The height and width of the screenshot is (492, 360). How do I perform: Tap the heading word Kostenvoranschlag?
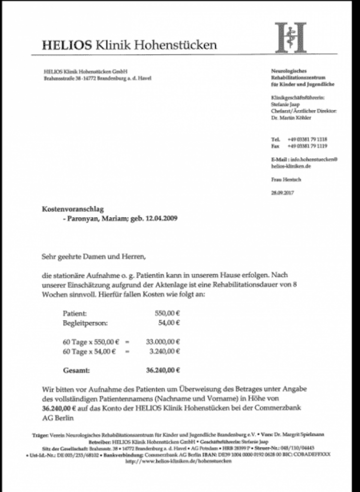pyautogui.click(x=72, y=209)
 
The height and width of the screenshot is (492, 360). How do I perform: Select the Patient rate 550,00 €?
pyautogui.click(x=167, y=314)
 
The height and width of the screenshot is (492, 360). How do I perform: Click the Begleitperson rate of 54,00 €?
pyautogui.click(x=169, y=323)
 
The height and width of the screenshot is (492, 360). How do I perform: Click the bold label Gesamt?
pyautogui.click(x=76, y=370)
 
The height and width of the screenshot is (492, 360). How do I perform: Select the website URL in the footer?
pyautogui.click(x=180, y=461)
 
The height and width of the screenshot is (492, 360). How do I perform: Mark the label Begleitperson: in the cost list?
pyautogui.click(x=86, y=323)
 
